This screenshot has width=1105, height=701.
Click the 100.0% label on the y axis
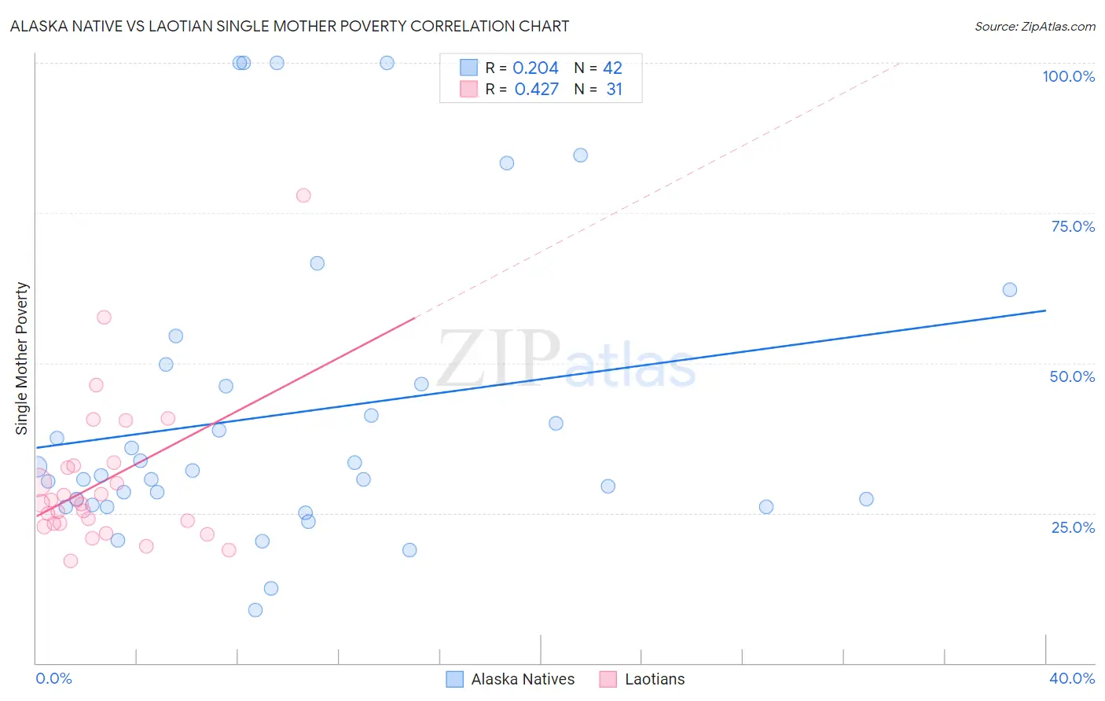click(x=1068, y=76)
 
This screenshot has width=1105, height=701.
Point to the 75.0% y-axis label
click(x=1073, y=226)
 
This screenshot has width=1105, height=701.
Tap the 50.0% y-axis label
click(x=1072, y=376)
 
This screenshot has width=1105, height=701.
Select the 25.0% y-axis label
click(x=1073, y=527)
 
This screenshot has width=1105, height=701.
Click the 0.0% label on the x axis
click(x=53, y=678)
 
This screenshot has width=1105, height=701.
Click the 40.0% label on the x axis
click(x=1072, y=678)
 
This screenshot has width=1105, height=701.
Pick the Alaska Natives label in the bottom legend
click(x=523, y=679)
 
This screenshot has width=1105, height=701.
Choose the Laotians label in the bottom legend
click(x=655, y=679)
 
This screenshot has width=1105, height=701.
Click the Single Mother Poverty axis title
click(x=22, y=358)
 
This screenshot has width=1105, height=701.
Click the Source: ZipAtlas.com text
click(x=1034, y=27)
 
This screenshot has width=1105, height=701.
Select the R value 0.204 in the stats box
click(x=535, y=68)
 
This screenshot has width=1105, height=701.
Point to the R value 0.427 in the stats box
click(x=536, y=90)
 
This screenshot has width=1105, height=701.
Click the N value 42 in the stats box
click(x=612, y=68)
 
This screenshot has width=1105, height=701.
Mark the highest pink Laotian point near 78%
click(x=303, y=195)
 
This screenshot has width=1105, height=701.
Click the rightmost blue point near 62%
click(x=1010, y=290)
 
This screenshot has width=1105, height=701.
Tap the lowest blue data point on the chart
click(x=255, y=610)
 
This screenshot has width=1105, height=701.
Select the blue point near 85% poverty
click(x=581, y=156)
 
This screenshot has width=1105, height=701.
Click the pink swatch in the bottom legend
click(x=608, y=679)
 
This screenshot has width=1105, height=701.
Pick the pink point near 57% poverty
click(x=104, y=317)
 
